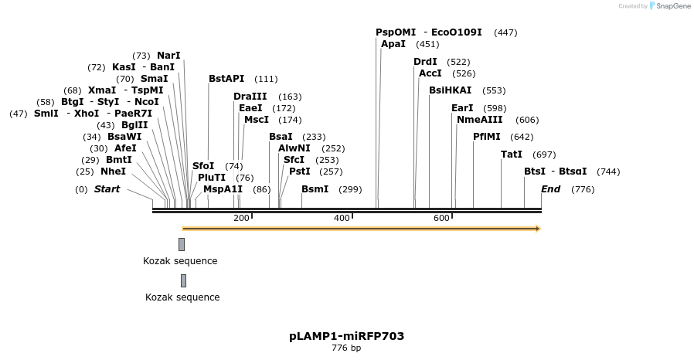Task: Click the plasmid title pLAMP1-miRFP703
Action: [346, 336]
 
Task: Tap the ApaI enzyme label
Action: [393, 44]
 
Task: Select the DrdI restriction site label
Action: [425, 62]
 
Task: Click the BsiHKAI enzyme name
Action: [450, 90]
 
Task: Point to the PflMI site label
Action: [487, 137]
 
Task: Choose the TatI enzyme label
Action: [512, 155]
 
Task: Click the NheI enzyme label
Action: [113, 172]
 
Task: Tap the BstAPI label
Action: [226, 79]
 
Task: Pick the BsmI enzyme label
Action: [315, 189]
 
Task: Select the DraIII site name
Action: [250, 97]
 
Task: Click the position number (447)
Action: [505, 32]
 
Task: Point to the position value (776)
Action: [583, 189]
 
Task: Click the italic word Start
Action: [107, 189]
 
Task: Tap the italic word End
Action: [550, 189]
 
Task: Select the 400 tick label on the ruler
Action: [342, 218]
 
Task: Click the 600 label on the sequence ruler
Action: [441, 218]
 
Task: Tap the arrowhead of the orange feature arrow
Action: [537, 229]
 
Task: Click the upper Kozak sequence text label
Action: [180, 261]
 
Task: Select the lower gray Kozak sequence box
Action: [183, 280]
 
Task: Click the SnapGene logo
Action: [669, 6]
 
